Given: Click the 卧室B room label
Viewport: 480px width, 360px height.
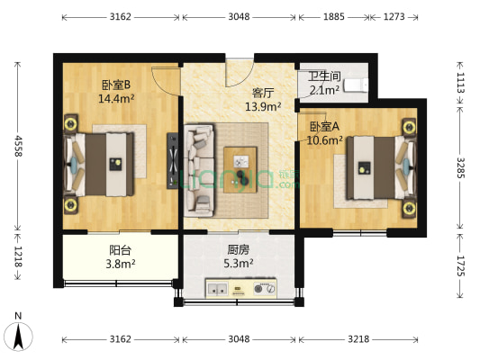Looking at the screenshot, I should (114, 85).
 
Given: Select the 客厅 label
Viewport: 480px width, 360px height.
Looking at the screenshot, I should (262, 93).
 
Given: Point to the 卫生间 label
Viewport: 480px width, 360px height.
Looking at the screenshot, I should (323, 76).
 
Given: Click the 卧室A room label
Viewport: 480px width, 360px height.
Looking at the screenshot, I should (325, 127).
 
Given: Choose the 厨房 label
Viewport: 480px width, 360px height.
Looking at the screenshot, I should (239, 251).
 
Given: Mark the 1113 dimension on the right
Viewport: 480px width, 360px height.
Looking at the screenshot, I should (461, 85).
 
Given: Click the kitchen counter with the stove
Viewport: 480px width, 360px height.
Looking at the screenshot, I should (240, 290).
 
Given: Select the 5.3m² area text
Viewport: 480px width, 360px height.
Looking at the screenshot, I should (239, 265).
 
